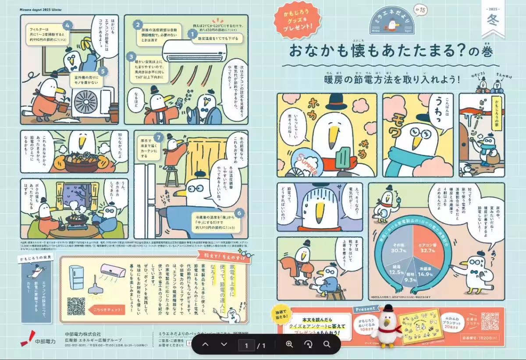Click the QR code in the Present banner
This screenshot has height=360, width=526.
[490, 321]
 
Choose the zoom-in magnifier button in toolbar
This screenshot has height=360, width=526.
[289, 344]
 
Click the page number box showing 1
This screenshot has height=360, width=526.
[247, 345]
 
